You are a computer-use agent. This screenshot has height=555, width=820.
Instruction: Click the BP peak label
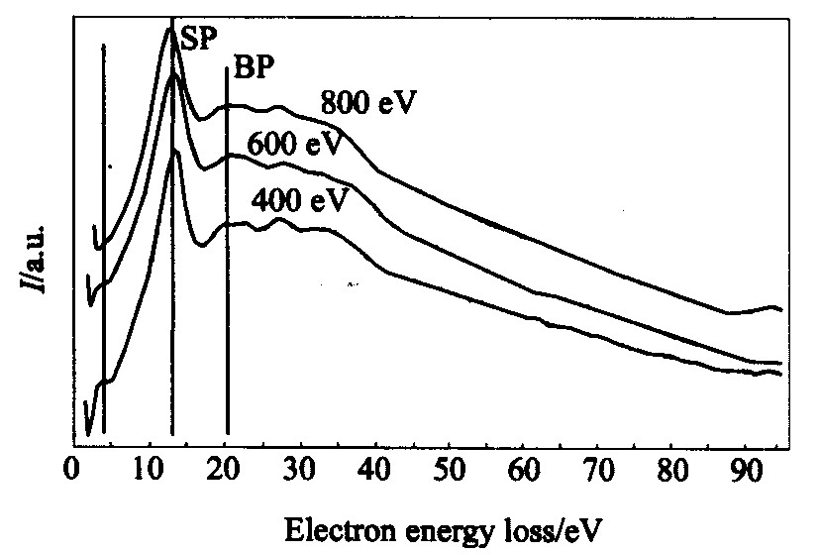click(x=253, y=69)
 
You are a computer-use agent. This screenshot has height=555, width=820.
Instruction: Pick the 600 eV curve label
click(x=298, y=145)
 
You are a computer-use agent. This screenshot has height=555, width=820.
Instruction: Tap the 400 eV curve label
click(x=300, y=201)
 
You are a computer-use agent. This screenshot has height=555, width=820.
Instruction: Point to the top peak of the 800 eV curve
click(x=168, y=27)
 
